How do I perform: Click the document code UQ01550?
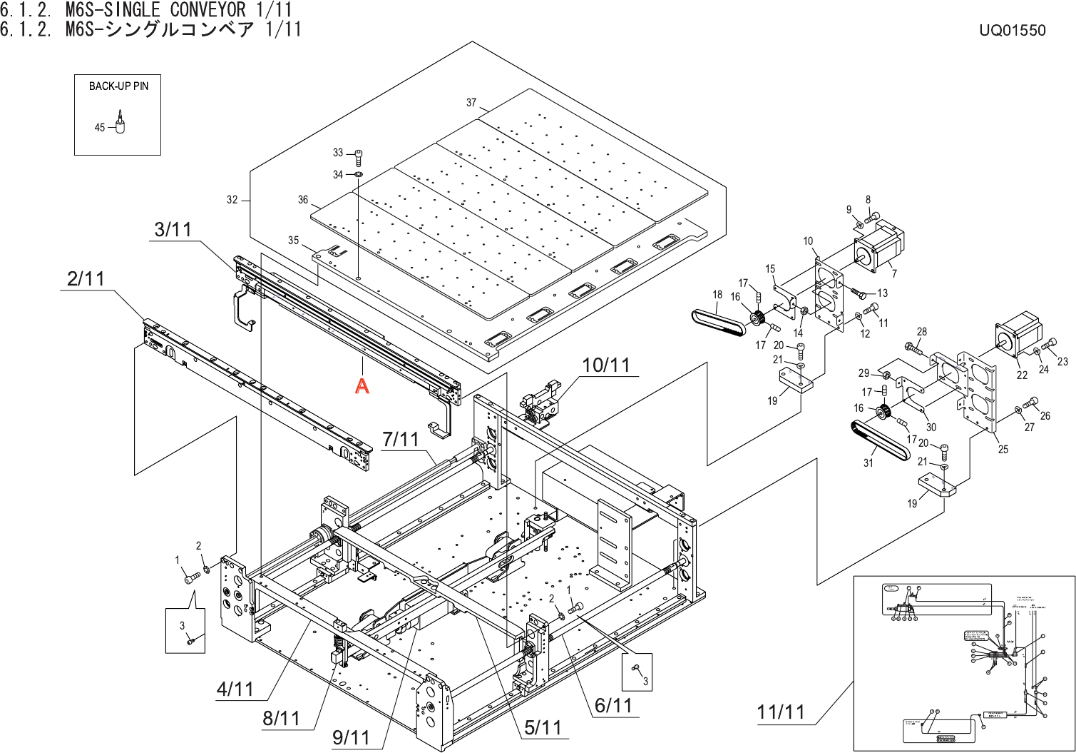1012,30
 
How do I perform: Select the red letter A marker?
362,386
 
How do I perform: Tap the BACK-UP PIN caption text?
118,86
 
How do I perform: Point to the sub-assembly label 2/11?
86,278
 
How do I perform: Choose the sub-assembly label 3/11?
173,230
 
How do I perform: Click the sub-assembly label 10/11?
606,365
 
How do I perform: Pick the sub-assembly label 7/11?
401,439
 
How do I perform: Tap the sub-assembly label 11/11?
781,712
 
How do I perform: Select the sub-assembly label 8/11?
281,717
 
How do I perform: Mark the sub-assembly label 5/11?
543,727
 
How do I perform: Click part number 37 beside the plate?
471,103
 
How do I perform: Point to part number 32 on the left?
232,200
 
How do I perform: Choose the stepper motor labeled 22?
1018,335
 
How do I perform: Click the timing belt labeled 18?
718,320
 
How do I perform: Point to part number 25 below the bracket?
1003,449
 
